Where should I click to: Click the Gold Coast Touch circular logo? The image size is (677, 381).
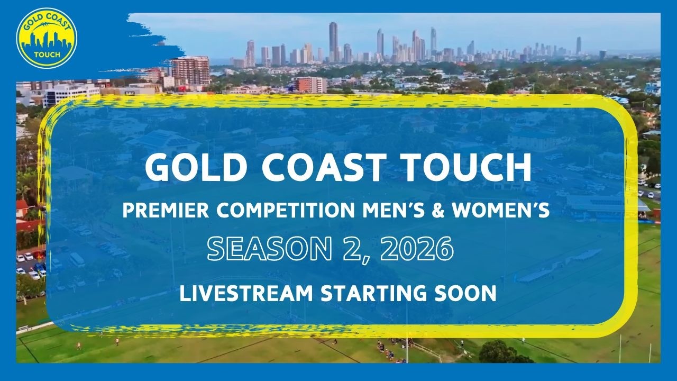[47, 38]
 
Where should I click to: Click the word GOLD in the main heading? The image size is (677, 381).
[194, 168]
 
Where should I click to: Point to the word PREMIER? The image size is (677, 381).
[166, 210]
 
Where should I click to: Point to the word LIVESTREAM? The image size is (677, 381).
[246, 293]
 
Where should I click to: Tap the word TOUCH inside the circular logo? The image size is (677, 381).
[47, 55]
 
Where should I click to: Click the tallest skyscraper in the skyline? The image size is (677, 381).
[333, 42]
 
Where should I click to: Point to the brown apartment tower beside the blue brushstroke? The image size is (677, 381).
[190, 70]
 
